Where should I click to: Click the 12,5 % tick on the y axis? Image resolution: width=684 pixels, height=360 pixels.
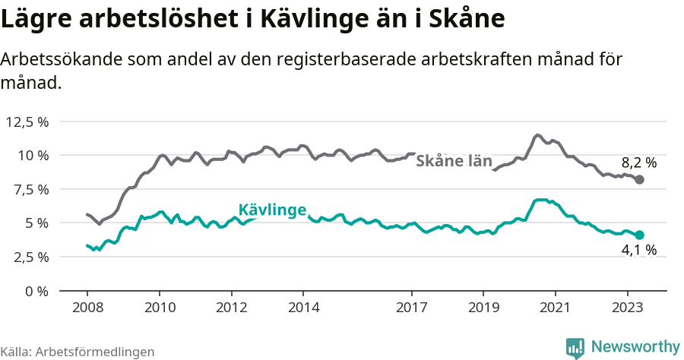pyautogui.click(x=27, y=122)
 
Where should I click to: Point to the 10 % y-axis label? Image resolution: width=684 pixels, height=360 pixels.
pyautogui.click(x=33, y=156)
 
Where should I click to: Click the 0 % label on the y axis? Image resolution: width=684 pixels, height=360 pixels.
pyautogui.click(x=36, y=291)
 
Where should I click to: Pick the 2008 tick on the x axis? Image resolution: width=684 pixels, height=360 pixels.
pyautogui.click(x=87, y=308)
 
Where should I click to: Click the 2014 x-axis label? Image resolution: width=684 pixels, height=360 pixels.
pyautogui.click(x=303, y=308)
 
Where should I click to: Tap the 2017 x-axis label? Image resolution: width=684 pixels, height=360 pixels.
pyautogui.click(x=412, y=308)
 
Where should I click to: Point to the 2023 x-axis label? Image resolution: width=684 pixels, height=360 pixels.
pyautogui.click(x=628, y=308)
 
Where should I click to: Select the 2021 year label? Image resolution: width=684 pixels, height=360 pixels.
pyautogui.click(x=556, y=308)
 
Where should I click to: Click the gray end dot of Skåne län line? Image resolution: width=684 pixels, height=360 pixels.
pyautogui.click(x=640, y=180)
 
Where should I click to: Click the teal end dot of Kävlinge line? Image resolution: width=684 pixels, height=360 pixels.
pyautogui.click(x=640, y=235)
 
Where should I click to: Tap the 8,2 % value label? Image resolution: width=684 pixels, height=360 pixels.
pyautogui.click(x=638, y=162)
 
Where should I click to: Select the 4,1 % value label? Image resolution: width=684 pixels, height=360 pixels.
pyautogui.click(x=638, y=250)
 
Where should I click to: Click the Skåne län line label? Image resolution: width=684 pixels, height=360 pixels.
pyautogui.click(x=454, y=161)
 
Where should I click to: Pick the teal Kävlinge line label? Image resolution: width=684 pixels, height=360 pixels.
pyautogui.click(x=272, y=210)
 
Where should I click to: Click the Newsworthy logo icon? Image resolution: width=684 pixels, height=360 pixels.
pyautogui.click(x=575, y=347)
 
